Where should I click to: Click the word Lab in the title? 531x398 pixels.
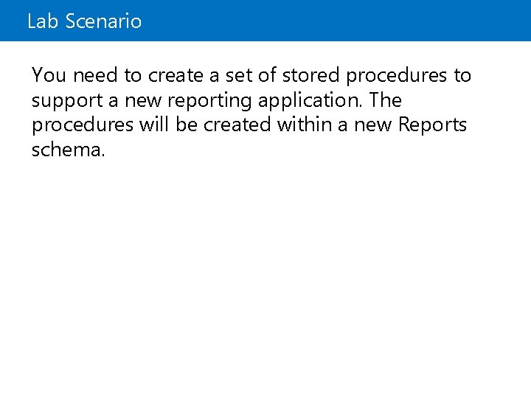tap(43, 21)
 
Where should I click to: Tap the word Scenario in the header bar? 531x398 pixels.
tap(103, 21)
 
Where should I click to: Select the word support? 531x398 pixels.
tap(66, 101)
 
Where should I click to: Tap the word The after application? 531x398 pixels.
tap(385, 100)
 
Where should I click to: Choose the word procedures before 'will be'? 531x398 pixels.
tap(82, 126)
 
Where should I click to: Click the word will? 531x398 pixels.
tap(154, 125)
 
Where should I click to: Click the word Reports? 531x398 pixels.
tap(431, 126)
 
